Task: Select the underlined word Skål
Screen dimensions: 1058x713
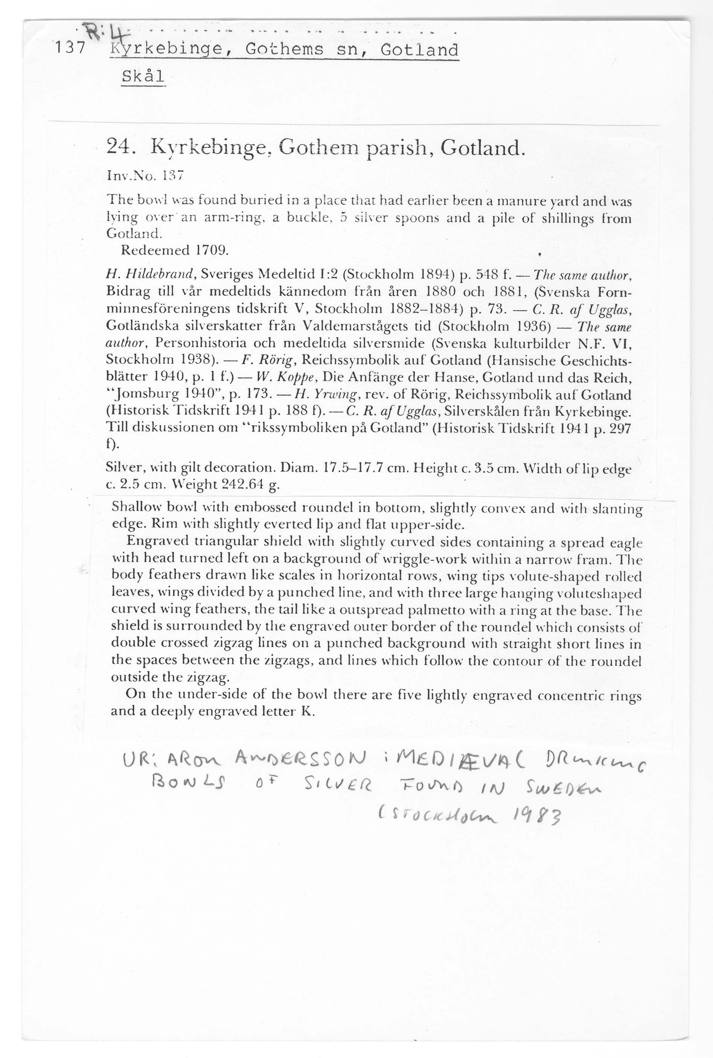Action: click(143, 76)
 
